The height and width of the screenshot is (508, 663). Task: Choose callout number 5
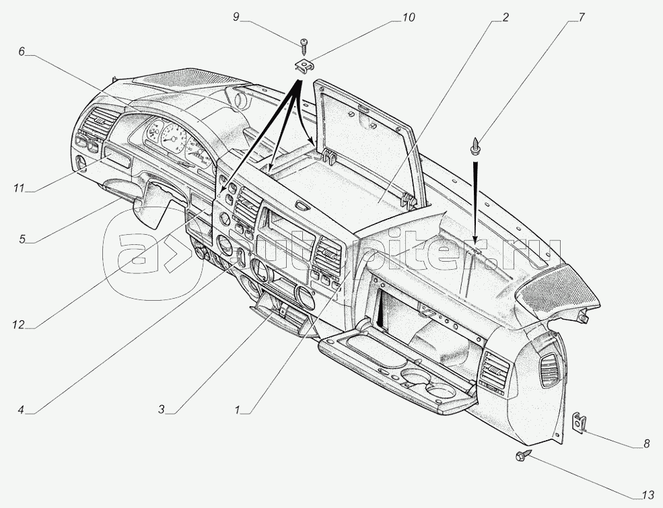click(22, 238)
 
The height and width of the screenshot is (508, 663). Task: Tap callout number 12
click(18, 324)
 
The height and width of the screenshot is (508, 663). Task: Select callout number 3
click(161, 408)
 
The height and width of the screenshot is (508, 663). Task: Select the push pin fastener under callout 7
click(477, 146)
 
